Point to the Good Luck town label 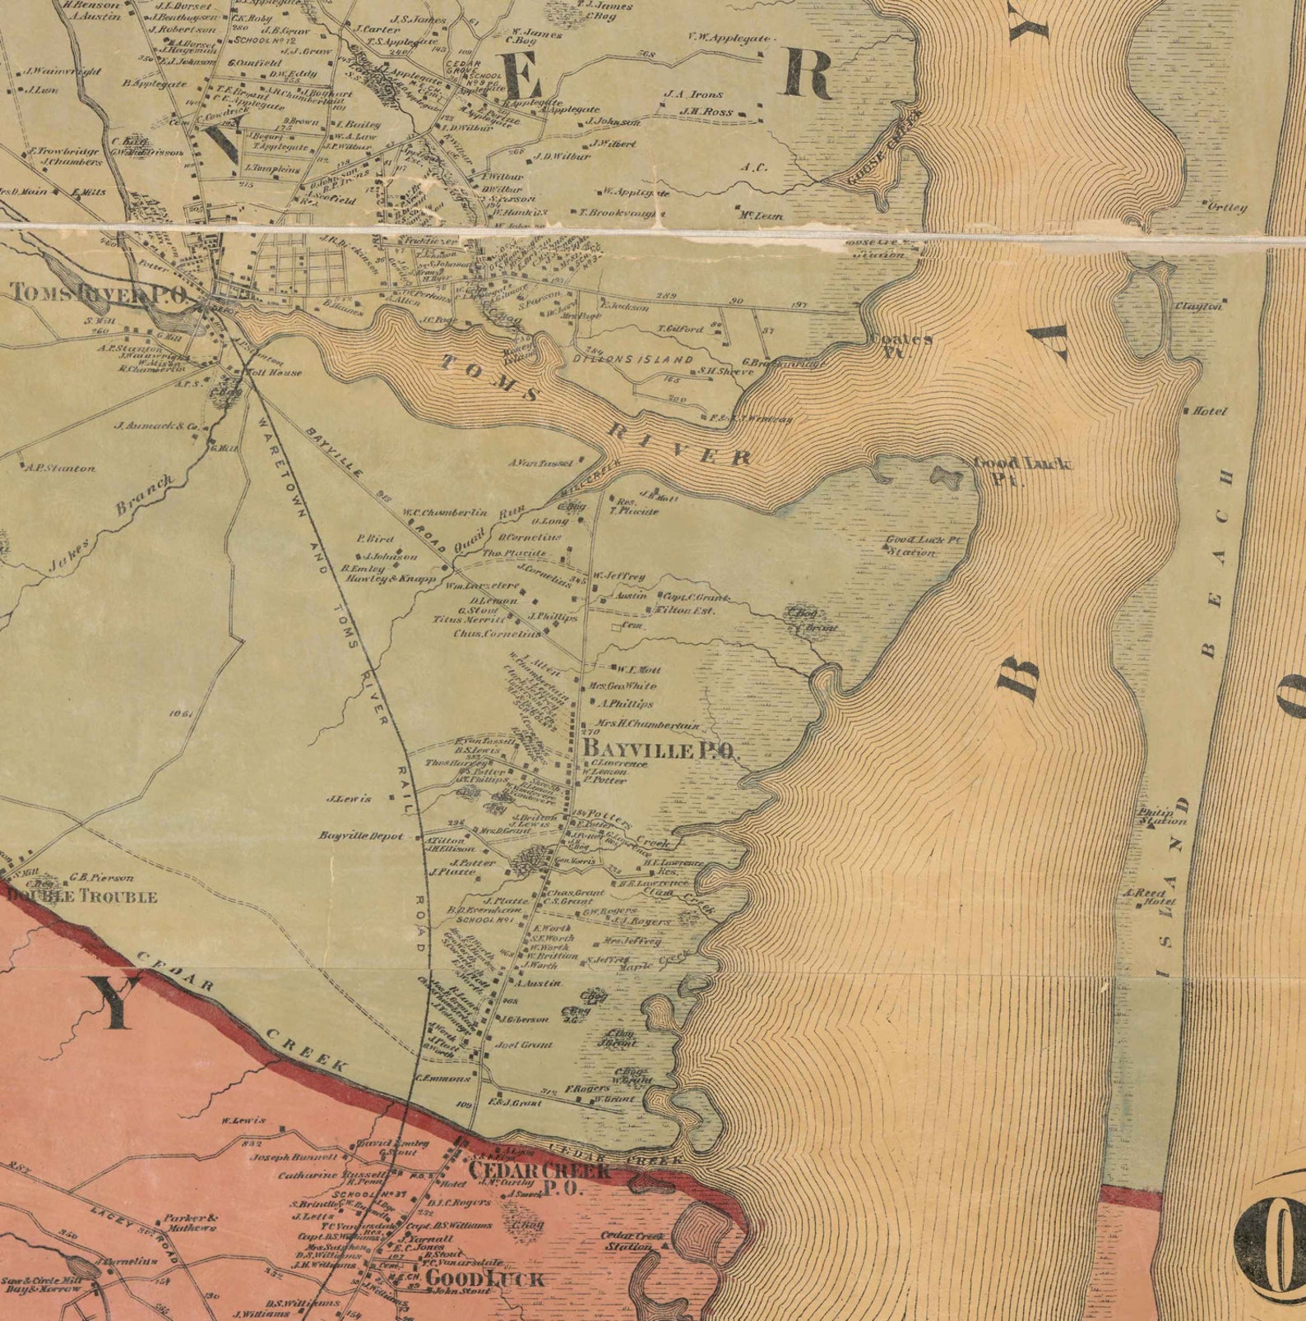484,1278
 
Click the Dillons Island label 633,359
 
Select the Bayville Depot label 362,836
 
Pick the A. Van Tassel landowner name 540,463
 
